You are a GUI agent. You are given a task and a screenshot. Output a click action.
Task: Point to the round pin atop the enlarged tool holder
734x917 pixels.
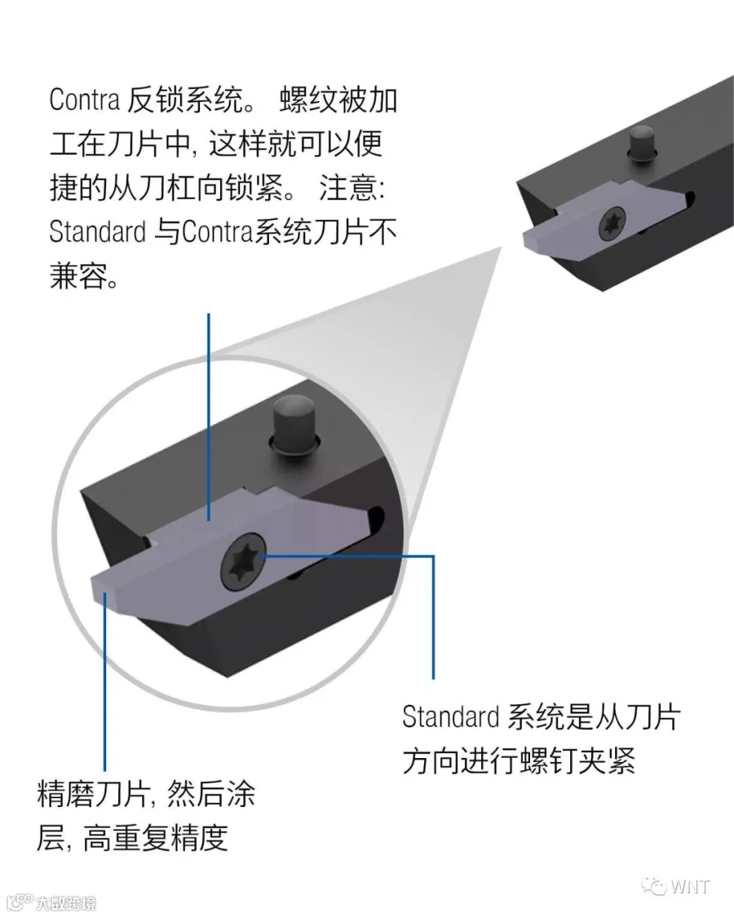coord(294,421)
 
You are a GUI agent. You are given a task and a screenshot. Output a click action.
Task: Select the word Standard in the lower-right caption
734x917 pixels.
coord(449,717)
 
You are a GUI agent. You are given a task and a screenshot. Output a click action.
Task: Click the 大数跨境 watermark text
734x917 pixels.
coord(65,903)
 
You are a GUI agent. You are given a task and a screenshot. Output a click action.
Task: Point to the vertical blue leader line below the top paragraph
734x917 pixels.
coord(209,408)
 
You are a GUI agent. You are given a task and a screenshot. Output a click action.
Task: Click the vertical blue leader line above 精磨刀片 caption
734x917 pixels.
coord(105,685)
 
